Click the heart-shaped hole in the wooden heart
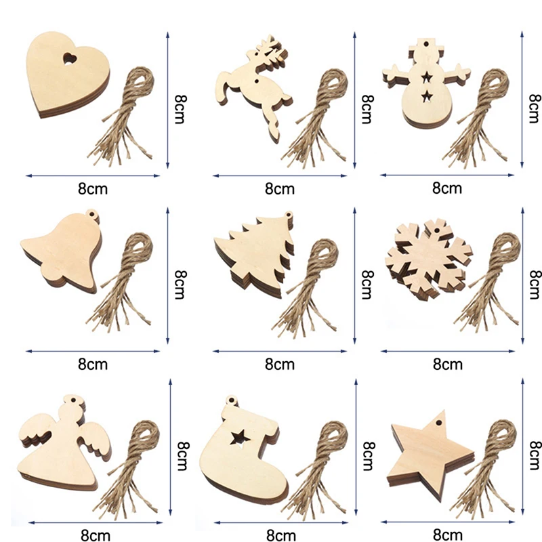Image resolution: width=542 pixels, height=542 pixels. click(x=68, y=60)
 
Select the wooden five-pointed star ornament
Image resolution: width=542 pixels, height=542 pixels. click(x=423, y=451)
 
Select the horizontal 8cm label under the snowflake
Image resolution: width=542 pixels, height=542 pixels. click(x=447, y=364)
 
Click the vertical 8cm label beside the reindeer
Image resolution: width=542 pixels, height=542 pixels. click(x=367, y=108)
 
